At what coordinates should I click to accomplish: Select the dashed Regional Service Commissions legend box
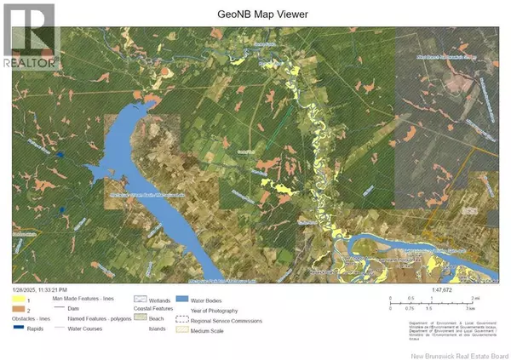[181, 320]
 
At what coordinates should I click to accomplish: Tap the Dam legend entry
[86, 309]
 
